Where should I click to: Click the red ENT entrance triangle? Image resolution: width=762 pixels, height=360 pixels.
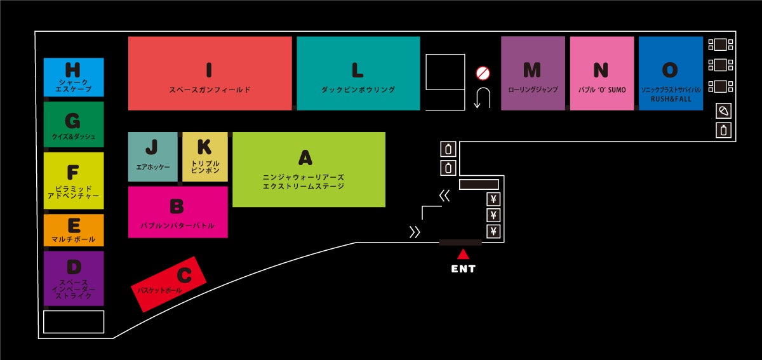coord(463,254)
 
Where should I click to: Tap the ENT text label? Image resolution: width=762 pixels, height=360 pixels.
coord(463,269)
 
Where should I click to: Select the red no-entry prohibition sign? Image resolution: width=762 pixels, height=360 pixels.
coord(483,74)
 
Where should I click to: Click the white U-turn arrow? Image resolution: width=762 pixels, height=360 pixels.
coord(482,98)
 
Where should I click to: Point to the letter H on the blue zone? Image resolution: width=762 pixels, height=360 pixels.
coord(73,69)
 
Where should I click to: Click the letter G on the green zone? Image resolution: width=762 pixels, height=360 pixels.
coord(73,121)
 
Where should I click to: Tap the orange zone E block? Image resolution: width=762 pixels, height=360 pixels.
coord(73,230)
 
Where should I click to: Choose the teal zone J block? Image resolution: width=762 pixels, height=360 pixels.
coord(152,157)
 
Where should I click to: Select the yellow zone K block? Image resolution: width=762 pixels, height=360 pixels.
coord(204,157)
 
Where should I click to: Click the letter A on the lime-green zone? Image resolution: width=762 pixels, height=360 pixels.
coord(305,157)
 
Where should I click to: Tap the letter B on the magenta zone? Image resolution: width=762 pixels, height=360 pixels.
coord(177,206)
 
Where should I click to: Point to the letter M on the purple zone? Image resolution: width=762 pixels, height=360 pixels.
coord(532,70)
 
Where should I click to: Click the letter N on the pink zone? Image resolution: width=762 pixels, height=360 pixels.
coord(601,70)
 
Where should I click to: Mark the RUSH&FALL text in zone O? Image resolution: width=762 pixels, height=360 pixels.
coord(671,99)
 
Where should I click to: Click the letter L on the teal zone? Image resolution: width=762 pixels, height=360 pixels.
coord(358,70)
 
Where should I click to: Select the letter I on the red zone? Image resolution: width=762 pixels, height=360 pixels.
coord(209,70)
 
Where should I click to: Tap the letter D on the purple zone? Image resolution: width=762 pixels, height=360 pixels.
coord(74,267)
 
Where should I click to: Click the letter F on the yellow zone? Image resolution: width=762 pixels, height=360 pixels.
coord(73,172)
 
